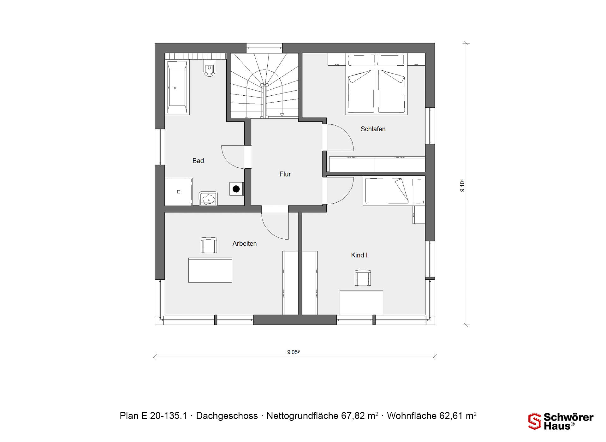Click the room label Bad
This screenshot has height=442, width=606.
(x=198, y=161)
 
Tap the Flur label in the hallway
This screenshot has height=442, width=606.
(x=285, y=174)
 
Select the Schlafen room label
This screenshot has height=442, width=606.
(x=373, y=129)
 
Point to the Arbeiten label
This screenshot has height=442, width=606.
(x=245, y=244)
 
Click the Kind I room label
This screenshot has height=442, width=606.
(x=359, y=255)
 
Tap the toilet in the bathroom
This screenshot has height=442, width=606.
(x=209, y=69)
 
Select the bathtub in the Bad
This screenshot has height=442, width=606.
(x=177, y=87)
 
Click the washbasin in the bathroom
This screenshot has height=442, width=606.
(x=208, y=199)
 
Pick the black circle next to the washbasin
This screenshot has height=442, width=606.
(x=236, y=189)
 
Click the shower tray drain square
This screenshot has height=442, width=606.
(x=179, y=192)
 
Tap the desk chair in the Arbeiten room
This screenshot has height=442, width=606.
(x=209, y=245)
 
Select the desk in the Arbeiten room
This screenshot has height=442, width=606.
(x=210, y=270)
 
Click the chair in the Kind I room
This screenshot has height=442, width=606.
(x=363, y=278)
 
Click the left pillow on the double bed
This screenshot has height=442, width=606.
(x=361, y=60)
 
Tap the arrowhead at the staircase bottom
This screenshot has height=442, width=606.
(x=282, y=115)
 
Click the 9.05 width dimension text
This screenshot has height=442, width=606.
(x=293, y=352)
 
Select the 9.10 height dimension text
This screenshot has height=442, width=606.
(x=462, y=186)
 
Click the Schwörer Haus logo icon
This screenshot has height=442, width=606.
(x=535, y=421)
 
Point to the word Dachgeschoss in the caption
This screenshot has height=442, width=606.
(x=227, y=416)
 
